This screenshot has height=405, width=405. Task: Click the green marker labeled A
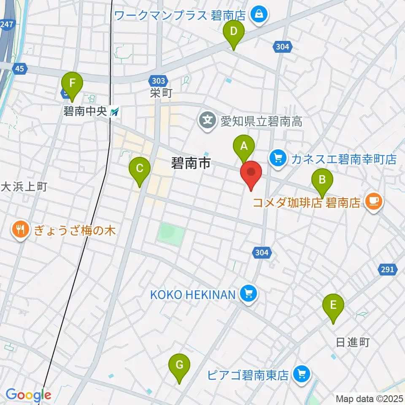244,147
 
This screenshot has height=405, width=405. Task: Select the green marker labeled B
322,181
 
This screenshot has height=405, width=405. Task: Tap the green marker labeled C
140,169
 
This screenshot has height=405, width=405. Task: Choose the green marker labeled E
333,306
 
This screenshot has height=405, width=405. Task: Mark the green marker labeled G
179,366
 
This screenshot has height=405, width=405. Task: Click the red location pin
251,173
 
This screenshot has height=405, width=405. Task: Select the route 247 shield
6,24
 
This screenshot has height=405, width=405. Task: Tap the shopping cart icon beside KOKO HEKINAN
248,293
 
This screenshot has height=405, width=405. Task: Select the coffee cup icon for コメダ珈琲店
374,200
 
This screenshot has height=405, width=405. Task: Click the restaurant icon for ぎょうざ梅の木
20,230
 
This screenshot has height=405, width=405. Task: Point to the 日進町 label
353,342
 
